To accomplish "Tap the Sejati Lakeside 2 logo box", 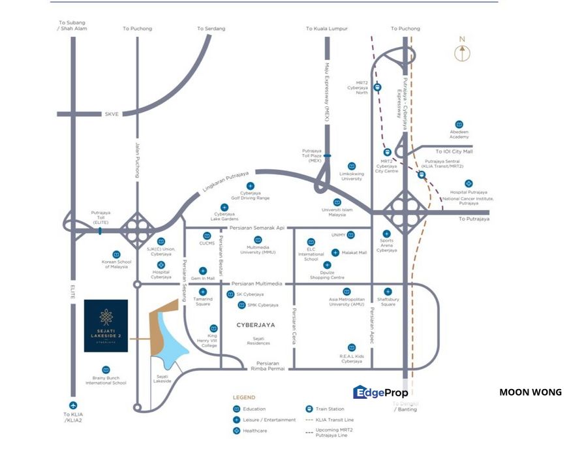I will pyautogui.click(x=106, y=326).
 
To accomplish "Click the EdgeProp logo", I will pyautogui.click(x=380, y=392).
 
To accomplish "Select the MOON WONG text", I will pyautogui.click(x=530, y=392).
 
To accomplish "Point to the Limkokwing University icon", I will pyautogui.click(x=352, y=166).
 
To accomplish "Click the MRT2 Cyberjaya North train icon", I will pyautogui.click(x=378, y=87).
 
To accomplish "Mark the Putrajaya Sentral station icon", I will pyautogui.click(x=422, y=174).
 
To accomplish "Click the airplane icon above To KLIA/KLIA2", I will pyautogui.click(x=72, y=405).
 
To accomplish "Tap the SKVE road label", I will pyautogui.click(x=112, y=114).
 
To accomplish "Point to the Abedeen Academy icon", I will pyautogui.click(x=459, y=124).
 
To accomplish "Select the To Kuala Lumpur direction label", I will pyautogui.click(x=326, y=29).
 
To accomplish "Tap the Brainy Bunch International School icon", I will pyautogui.click(x=106, y=370).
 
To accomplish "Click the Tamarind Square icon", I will pyautogui.click(x=202, y=291).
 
